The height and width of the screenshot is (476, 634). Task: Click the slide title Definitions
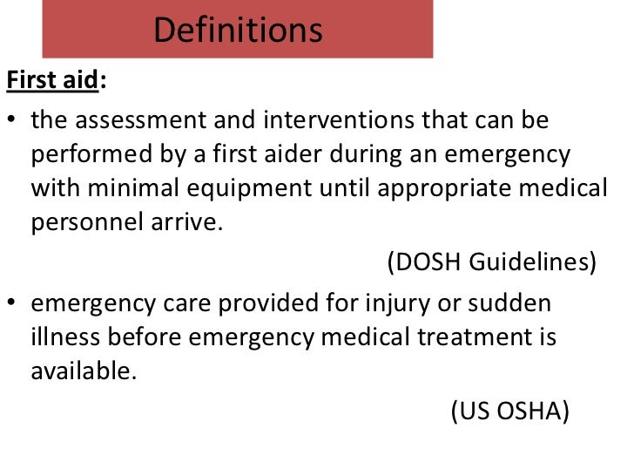point(238,31)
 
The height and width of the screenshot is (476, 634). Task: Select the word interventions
point(334,120)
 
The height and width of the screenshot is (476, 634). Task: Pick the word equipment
point(270,187)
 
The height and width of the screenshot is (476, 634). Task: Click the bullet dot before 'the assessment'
point(13,121)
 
